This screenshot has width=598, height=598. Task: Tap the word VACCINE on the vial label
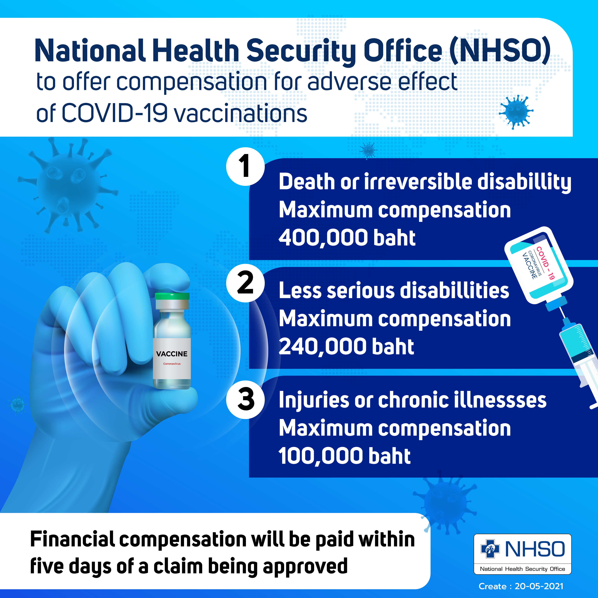[172, 354]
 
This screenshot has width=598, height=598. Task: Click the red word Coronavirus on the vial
[172, 364]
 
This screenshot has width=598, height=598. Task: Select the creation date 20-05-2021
[539, 586]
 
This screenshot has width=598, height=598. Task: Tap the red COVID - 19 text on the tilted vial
[545, 263]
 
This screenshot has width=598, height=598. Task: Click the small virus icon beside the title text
[516, 112]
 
